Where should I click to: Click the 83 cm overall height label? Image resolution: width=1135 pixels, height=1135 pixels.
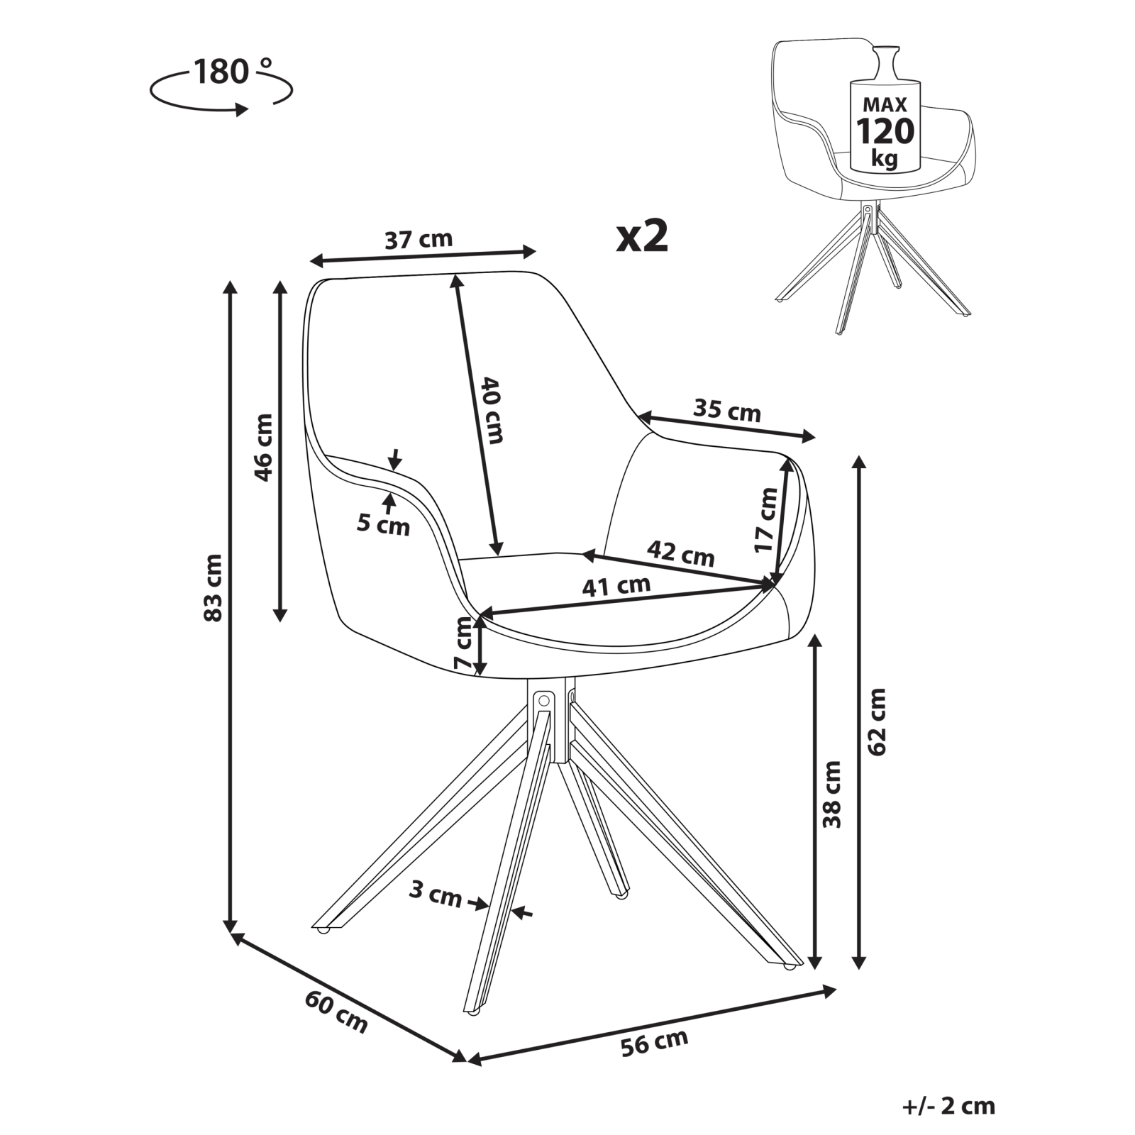click(x=214, y=588)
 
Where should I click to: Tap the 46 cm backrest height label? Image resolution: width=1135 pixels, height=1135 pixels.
click(x=263, y=447)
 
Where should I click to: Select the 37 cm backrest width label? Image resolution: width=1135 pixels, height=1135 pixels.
click(x=419, y=240)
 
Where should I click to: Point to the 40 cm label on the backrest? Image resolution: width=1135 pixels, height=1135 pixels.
click(x=492, y=410)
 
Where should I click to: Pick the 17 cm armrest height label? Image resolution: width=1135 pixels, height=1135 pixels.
click(x=765, y=520)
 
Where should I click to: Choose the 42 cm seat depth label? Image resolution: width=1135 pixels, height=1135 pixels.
click(x=680, y=553)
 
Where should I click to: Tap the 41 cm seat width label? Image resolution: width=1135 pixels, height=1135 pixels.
click(x=616, y=586)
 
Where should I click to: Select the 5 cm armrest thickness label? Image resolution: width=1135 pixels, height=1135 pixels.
click(x=383, y=525)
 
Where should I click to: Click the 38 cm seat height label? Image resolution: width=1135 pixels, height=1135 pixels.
click(x=831, y=794)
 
